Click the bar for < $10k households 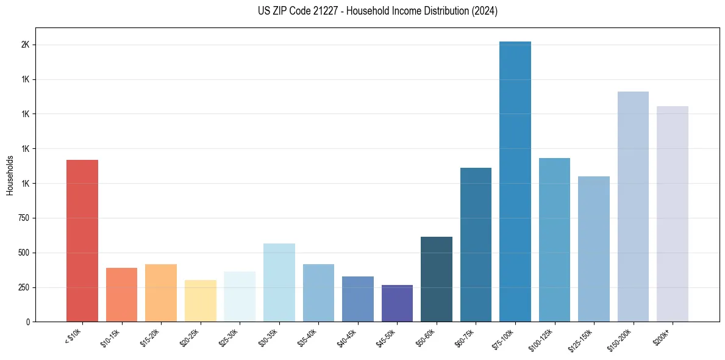(82, 241)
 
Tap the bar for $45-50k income (397, 303)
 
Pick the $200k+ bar (673, 214)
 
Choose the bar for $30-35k (279, 283)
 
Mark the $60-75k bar (476, 245)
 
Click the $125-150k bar (594, 249)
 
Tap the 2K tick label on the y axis (25, 45)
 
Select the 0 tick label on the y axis (28, 322)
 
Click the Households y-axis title (10, 175)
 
